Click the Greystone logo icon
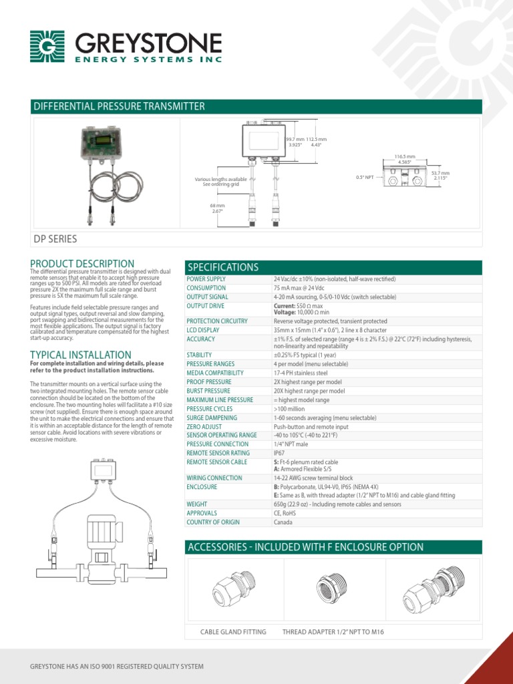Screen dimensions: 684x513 (47, 46)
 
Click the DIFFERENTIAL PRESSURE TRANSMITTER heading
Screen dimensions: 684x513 (118, 107)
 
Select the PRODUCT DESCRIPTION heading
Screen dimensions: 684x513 (82, 264)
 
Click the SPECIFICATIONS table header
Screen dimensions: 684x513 (222, 267)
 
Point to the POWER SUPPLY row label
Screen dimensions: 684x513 (206, 279)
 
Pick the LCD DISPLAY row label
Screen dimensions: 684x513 (203, 330)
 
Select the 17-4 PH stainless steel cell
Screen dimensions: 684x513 (301, 373)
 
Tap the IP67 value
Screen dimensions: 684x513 (279, 453)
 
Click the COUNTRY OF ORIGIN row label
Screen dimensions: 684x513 (213, 522)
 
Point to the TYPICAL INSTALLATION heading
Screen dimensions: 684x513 (81, 355)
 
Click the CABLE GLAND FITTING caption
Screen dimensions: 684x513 (233, 632)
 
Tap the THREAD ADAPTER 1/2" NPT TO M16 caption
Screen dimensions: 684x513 (333, 632)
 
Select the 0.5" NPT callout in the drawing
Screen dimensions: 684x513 (365, 177)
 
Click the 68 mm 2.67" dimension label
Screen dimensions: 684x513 (218, 208)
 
